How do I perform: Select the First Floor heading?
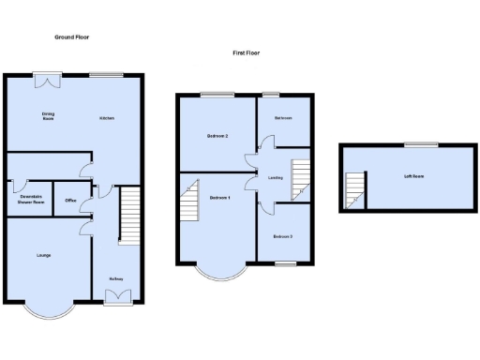point(246,53)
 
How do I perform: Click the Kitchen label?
point(108,117)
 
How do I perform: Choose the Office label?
point(70,201)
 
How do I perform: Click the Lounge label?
point(44,255)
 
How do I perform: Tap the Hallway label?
point(117,278)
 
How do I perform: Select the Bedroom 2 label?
point(217,137)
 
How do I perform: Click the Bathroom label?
point(283,118)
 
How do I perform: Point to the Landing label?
point(276,177)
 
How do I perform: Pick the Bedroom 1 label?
point(220,198)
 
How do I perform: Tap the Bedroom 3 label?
point(283,236)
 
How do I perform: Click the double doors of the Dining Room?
point(46,81)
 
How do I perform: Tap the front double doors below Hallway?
point(118,297)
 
